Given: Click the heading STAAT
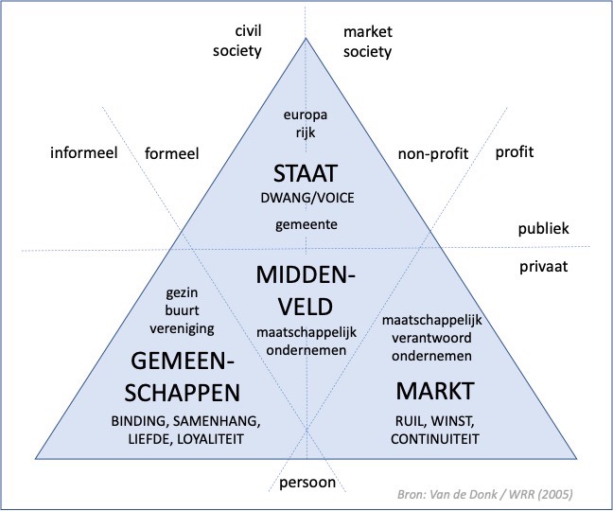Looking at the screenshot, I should (306, 174).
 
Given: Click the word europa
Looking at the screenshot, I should (306, 115).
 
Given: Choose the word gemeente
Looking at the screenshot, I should (306, 224).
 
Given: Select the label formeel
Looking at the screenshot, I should (171, 152).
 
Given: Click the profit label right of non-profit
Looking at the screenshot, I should (515, 151).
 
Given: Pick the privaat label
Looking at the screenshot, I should (542, 267).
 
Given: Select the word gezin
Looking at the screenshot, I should (182, 293).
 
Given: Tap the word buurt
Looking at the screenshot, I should (182, 311).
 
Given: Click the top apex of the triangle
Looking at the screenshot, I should (306, 39).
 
